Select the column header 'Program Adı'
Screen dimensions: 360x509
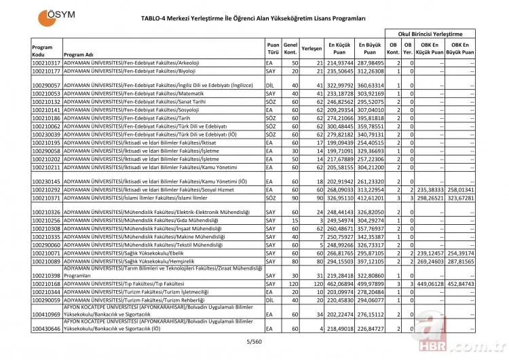[x=79, y=55]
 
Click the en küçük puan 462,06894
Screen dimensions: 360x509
[x=337, y=283]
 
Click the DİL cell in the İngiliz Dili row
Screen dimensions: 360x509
[x=269, y=86]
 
